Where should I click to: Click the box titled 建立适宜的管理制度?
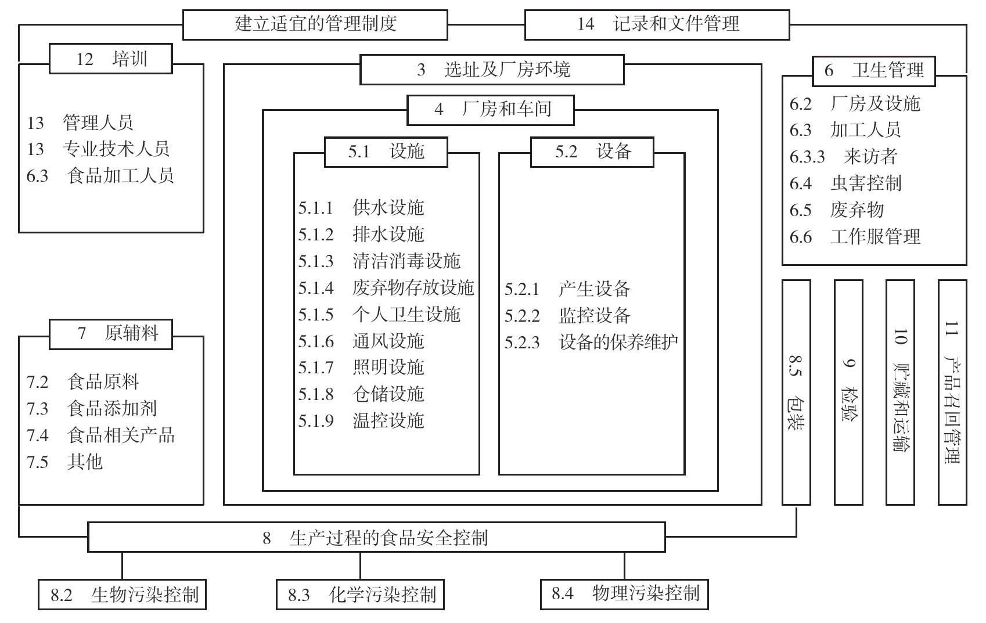315,24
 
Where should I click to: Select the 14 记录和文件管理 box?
657,24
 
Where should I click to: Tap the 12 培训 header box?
110,59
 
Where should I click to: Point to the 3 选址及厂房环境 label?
492,70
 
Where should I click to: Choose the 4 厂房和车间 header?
491,110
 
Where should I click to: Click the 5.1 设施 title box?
386,152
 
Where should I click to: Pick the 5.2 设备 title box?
592,152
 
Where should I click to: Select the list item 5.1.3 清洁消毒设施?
379,261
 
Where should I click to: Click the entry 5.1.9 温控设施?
361,420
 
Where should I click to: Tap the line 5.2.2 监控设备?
567,315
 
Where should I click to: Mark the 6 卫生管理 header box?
874,71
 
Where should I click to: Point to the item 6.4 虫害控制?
845,183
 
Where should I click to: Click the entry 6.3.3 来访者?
843,156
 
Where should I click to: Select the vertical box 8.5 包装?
796,392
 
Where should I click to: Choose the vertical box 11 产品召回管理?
952,392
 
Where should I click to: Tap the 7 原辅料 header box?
110,334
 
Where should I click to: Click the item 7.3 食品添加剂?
92,408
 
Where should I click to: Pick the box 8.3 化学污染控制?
360,595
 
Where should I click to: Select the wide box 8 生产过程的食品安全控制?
376,537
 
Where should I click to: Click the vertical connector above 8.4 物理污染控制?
624,566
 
